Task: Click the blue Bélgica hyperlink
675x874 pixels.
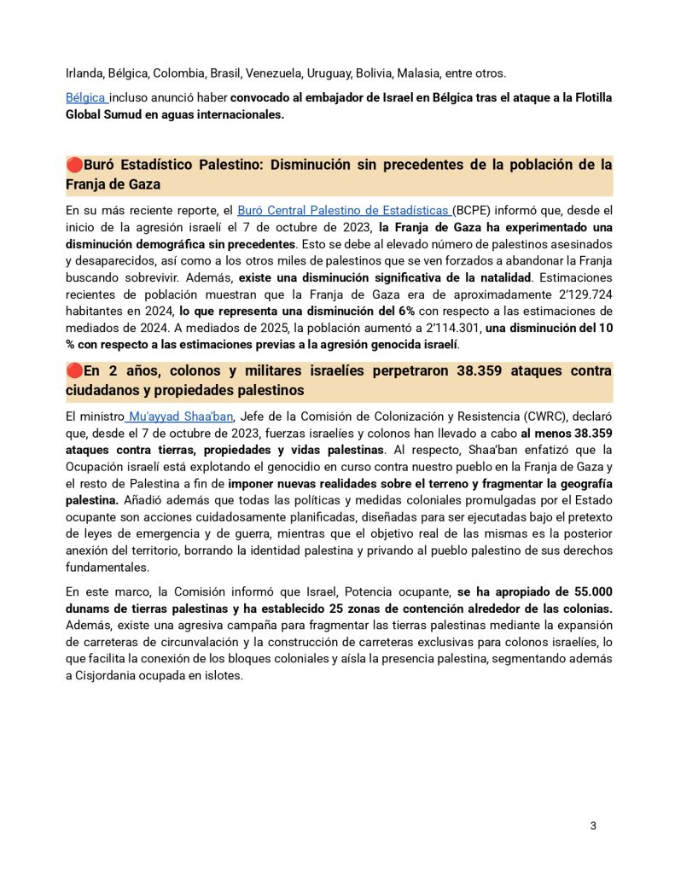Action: point(85,97)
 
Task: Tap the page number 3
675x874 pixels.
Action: point(593,826)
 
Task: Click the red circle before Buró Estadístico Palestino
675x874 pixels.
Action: point(73,165)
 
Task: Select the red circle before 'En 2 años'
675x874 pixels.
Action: point(73,371)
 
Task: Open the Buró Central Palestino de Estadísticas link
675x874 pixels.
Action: point(343,210)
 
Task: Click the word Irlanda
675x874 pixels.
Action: point(86,73)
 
